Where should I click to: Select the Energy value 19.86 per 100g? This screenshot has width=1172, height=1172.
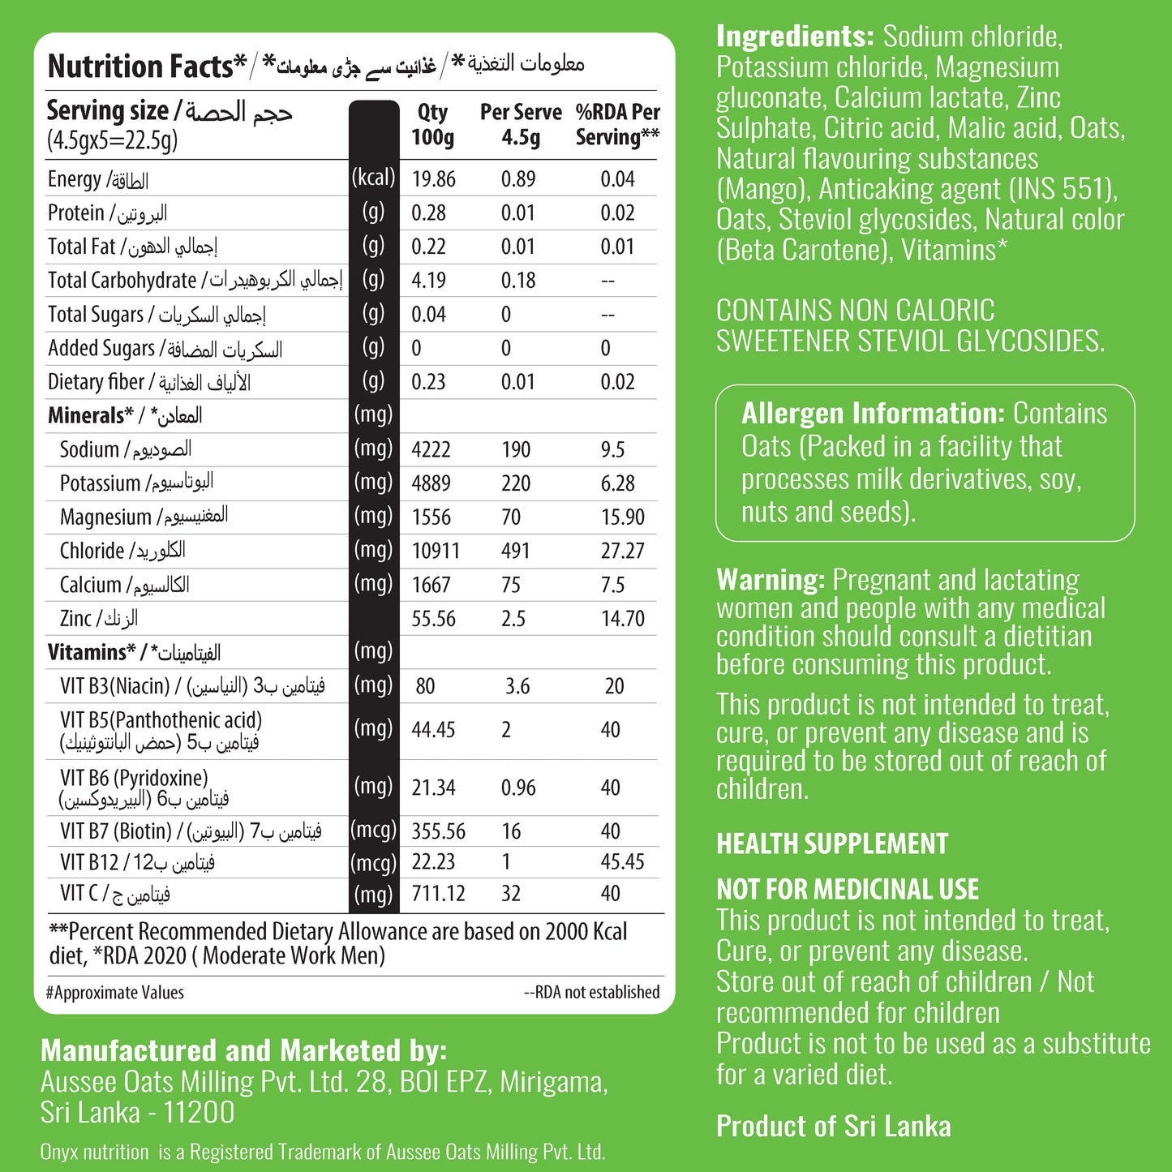(433, 178)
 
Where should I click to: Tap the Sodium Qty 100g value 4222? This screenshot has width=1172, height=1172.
(431, 449)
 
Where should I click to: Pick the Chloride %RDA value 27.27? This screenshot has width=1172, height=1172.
(622, 551)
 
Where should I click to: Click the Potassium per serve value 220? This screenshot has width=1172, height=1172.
(516, 483)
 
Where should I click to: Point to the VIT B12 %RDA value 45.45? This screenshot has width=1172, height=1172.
(622, 862)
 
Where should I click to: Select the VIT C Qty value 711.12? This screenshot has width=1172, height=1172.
(438, 894)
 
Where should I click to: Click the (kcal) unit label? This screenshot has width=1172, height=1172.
(373, 178)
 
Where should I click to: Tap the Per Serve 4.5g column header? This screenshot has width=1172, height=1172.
(521, 124)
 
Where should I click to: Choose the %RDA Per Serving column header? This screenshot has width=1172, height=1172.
(617, 124)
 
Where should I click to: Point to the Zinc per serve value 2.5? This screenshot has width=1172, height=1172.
(513, 619)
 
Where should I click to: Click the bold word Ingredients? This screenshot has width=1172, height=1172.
(795, 36)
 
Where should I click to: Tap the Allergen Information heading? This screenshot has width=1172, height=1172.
(873, 414)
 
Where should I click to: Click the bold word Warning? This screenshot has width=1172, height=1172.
(771, 580)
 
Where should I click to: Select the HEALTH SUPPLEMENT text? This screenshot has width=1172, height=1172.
(832, 844)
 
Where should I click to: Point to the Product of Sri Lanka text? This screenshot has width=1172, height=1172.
(833, 1126)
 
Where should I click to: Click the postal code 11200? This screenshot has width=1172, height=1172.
(198, 1113)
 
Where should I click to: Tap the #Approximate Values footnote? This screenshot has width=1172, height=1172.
(115, 993)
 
